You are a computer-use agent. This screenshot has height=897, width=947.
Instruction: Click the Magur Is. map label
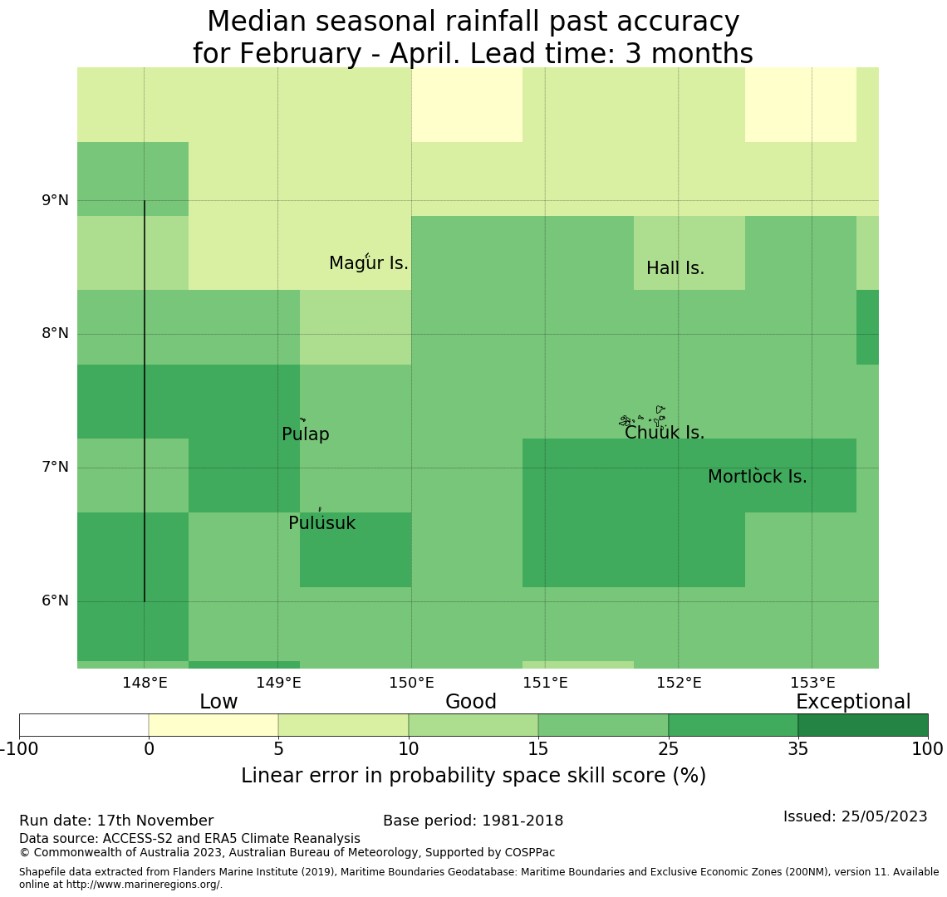pyautogui.click(x=368, y=263)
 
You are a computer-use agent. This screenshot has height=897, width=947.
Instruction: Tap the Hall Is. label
pyautogui.click(x=675, y=268)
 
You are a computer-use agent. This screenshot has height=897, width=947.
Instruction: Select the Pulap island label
pyautogui.click(x=305, y=434)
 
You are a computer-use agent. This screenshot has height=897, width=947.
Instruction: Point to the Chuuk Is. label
pyautogui.click(x=664, y=433)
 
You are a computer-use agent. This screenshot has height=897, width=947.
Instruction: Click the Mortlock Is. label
pyautogui.click(x=757, y=477)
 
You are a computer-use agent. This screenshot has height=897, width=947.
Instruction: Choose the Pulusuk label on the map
pyautogui.click(x=321, y=523)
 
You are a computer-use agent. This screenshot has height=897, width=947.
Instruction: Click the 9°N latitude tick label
pyautogui.click(x=56, y=200)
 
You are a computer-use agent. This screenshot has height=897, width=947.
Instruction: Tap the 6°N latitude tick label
pyautogui.click(x=56, y=600)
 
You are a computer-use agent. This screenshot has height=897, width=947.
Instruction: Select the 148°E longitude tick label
pyautogui.click(x=145, y=683)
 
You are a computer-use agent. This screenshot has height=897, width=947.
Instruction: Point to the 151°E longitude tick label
pyautogui.click(x=545, y=683)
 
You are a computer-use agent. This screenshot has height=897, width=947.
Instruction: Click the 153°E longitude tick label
pyautogui.click(x=812, y=683)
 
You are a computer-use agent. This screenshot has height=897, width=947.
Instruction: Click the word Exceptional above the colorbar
pyautogui.click(x=853, y=702)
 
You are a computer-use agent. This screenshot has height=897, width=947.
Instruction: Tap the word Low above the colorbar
pyautogui.click(x=218, y=702)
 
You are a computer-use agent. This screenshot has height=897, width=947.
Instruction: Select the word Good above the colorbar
pyautogui.click(x=471, y=702)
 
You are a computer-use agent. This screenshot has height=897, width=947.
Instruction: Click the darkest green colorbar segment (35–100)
pyautogui.click(x=862, y=725)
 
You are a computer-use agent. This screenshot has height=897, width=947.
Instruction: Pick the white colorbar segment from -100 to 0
pyautogui.click(x=84, y=725)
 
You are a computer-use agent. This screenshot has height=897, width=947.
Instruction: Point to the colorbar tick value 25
pyautogui.click(x=668, y=749)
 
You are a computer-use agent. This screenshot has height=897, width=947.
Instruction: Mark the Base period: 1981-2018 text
pyautogui.click(x=473, y=821)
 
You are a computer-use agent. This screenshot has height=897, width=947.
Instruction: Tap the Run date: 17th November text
pyautogui.click(x=116, y=821)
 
